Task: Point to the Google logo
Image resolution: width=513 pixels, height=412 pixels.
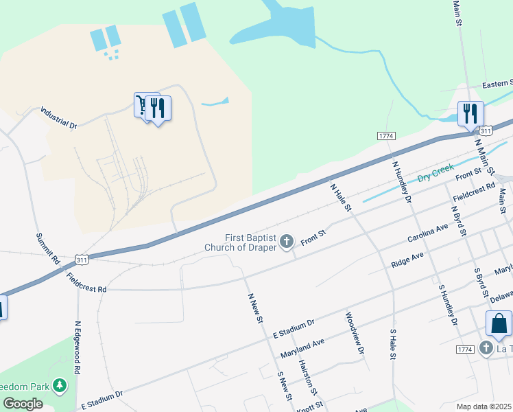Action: pos(22,404)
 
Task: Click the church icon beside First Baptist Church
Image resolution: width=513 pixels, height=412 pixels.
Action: pos(287,241)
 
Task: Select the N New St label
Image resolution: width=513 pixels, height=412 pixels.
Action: pos(255,308)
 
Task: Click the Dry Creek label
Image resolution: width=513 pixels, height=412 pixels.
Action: pos(436,170)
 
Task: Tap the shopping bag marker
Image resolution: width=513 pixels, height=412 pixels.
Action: pos(499,324)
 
